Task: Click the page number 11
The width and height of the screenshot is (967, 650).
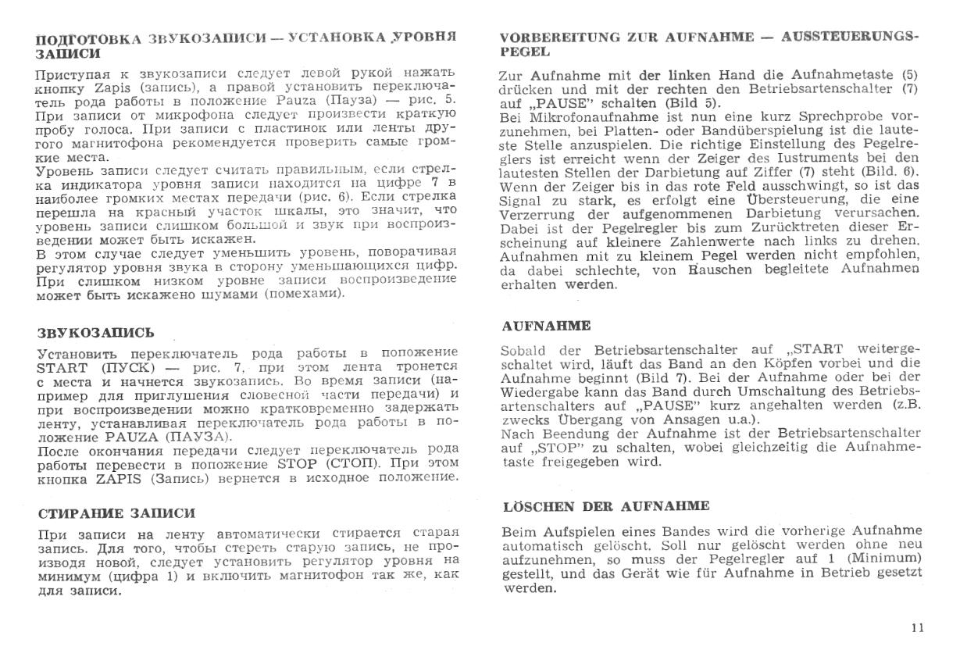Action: point(918,627)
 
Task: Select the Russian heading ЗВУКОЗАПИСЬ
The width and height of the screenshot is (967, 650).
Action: point(95,332)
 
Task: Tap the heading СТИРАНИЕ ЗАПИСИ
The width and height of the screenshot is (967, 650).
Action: point(116,513)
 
